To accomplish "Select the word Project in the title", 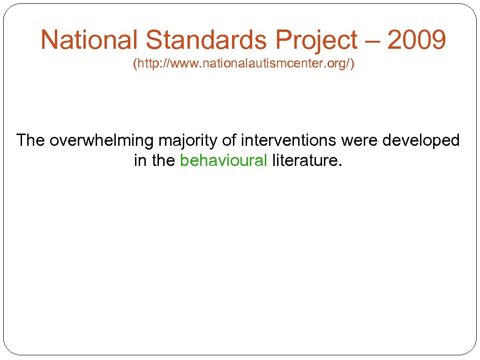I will point(316,40).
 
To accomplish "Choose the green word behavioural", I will point(224,161).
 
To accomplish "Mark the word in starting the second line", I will point(140,161).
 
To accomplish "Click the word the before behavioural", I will point(163,161).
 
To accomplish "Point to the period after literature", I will point(341,165).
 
